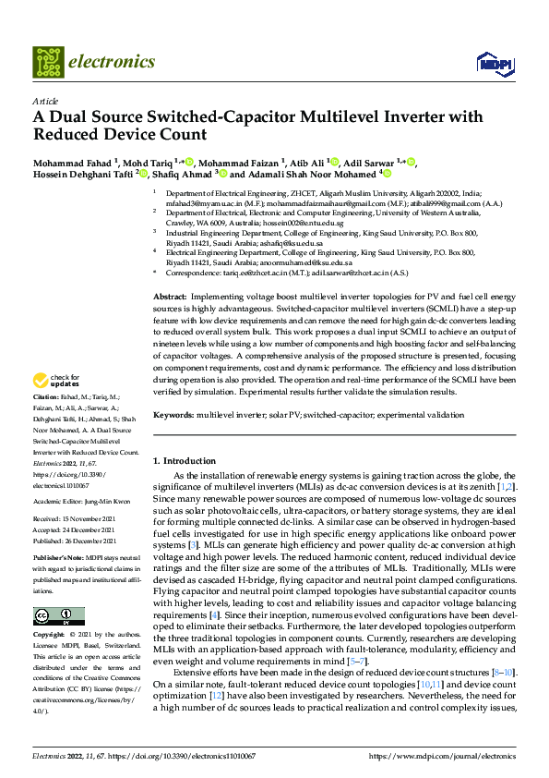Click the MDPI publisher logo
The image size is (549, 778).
(x=490, y=63)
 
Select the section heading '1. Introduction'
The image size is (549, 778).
(x=184, y=460)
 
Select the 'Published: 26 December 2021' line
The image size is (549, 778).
(x=74, y=541)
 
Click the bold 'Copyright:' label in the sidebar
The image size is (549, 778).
(x=50, y=635)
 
